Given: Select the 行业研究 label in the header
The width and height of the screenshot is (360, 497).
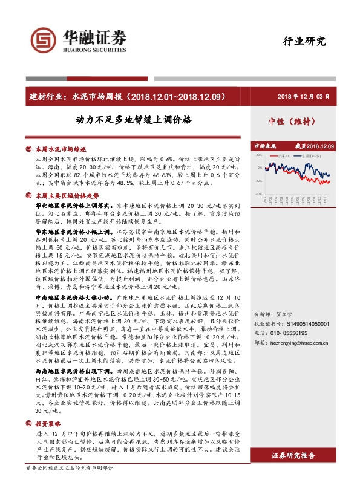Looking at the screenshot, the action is pos(304,42).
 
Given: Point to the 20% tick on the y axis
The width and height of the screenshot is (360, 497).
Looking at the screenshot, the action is pos(259,154).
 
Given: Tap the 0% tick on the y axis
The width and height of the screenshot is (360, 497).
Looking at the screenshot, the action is pos(260,167).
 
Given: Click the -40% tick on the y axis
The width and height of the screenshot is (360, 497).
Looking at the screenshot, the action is pos(258,194).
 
